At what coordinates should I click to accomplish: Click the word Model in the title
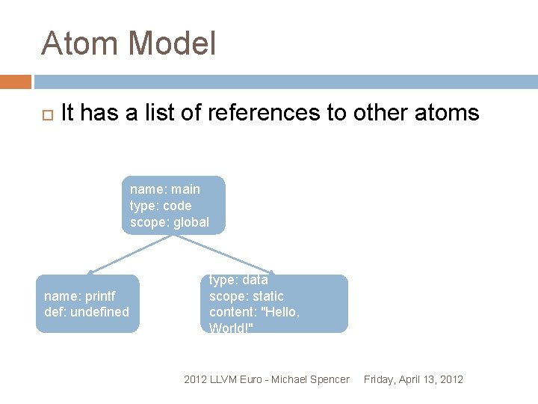click(172, 43)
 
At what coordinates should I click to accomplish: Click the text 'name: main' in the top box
click(165, 189)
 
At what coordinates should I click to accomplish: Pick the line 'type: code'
click(161, 206)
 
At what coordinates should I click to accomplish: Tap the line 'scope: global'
click(170, 222)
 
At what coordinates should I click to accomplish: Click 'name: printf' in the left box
click(80, 296)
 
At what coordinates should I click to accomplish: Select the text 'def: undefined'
click(87, 312)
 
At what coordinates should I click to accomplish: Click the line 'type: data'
click(238, 281)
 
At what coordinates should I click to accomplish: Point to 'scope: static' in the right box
click(247, 296)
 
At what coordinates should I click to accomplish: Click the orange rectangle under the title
click(16, 82)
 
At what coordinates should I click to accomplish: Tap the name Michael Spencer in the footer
click(310, 379)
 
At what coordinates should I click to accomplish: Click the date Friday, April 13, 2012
click(413, 379)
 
